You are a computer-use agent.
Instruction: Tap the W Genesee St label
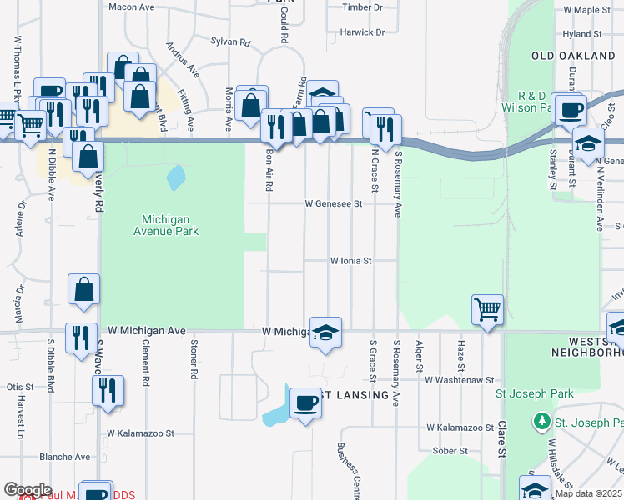coord(333,203)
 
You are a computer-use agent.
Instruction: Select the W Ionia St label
coord(350,261)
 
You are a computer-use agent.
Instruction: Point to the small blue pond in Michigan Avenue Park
coord(176,177)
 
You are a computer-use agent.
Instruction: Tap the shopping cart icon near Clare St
coord(487,309)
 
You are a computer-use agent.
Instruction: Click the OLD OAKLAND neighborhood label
coord(573,56)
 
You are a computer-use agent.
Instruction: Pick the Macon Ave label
coord(132,7)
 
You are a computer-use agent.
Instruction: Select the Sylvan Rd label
coord(231,41)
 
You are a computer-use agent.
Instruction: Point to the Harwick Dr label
coord(362,33)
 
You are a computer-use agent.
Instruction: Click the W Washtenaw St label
coord(455,380)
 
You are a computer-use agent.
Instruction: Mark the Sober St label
coord(451,451)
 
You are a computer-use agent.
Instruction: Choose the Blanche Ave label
coord(70,457)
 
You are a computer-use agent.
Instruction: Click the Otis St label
coord(19,387)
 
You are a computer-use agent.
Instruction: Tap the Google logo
coord(28,490)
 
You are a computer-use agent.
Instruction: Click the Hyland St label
coord(582,34)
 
